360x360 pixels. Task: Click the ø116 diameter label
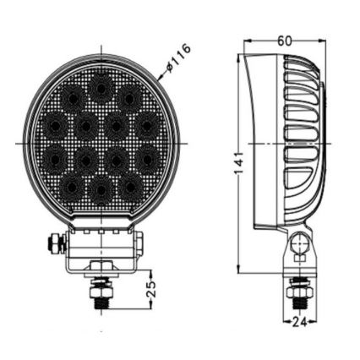(178, 57)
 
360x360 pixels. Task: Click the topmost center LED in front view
(101, 85)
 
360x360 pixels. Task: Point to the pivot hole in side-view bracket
(297, 245)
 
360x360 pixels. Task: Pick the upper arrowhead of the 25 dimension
(149, 273)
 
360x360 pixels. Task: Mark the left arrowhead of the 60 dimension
(246, 41)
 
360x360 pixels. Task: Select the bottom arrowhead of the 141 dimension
(239, 270)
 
